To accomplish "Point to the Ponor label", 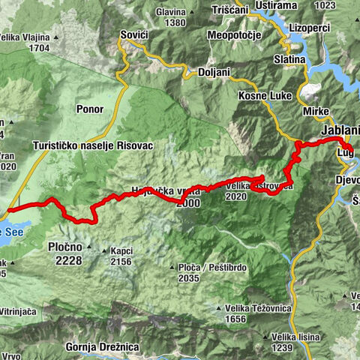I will point(89,109).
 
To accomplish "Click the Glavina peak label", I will point(170,12).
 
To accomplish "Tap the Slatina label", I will point(289,58).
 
